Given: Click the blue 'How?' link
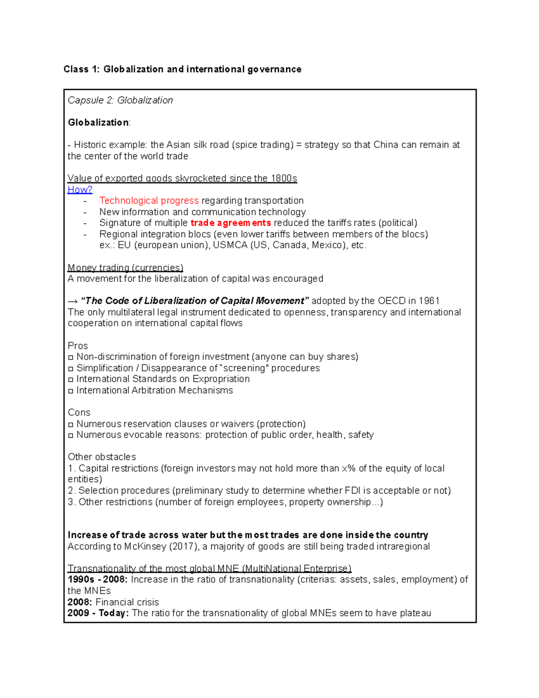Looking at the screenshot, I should click(80, 190).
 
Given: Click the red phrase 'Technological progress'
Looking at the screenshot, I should click(149, 200).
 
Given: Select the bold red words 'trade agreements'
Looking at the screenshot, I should click(230, 223).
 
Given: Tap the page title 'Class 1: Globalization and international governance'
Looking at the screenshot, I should click(182, 69).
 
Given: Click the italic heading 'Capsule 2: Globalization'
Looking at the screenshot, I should click(120, 100).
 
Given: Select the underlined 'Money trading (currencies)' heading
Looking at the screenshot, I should click(125, 268).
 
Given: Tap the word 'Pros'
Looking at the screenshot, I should click(78, 346).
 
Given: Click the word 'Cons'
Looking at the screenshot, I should click(79, 412).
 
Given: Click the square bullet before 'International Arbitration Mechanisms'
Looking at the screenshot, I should click(71, 391).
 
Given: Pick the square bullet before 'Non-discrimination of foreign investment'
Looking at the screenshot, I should click(71, 357).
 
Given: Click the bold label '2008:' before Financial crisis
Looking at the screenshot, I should click(80, 602).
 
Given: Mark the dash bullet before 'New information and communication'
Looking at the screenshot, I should click(85, 212).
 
